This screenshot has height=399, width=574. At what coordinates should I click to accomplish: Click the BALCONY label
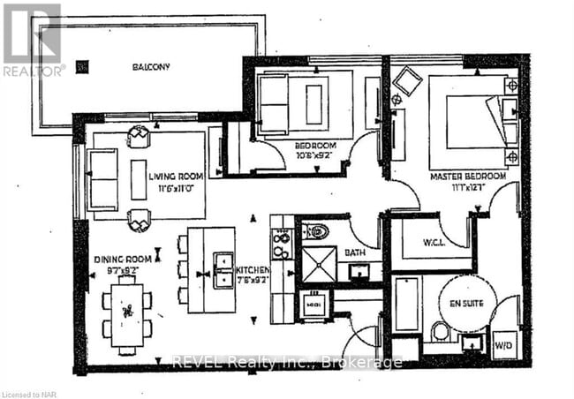(x=151, y=66)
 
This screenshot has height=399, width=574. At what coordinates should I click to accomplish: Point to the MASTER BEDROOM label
(x=467, y=177)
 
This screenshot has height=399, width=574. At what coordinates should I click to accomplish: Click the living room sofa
(x=102, y=180)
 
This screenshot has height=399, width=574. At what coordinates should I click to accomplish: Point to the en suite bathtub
(x=406, y=304)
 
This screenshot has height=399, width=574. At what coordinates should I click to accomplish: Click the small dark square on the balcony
(x=83, y=65)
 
